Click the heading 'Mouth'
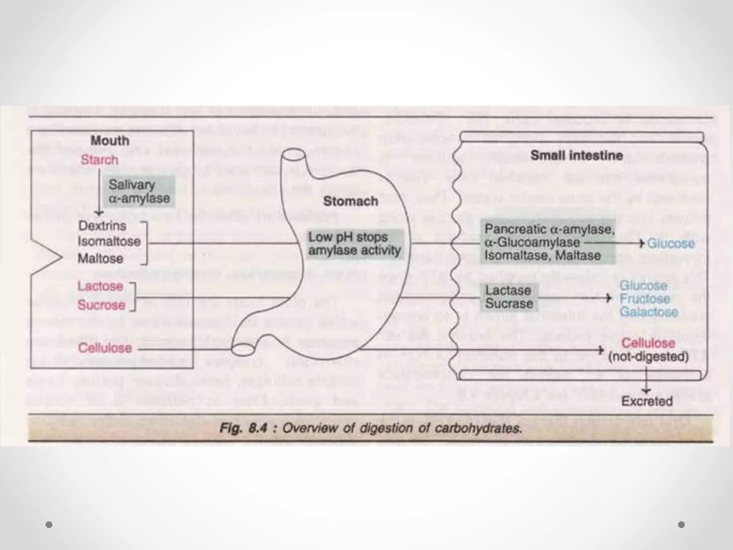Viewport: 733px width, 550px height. click(110, 141)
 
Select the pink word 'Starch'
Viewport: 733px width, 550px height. click(99, 160)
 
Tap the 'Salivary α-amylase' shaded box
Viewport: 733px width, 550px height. click(139, 192)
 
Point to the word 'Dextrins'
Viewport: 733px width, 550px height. click(102, 226)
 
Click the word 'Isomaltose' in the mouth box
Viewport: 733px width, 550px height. click(109, 241)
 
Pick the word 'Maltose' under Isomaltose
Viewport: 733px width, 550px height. click(100, 259)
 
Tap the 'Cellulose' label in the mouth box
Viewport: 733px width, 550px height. click(105, 348)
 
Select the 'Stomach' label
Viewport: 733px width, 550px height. click(350, 201)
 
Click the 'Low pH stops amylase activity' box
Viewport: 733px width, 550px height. click(354, 244)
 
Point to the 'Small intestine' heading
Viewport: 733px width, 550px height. click(576, 155)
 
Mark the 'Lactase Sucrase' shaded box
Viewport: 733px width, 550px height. click(509, 297)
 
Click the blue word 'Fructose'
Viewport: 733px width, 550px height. click(645, 299)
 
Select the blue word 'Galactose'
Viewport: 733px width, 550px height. click(649, 312)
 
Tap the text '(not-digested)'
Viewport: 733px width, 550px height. click(649, 357)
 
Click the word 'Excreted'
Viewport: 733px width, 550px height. click(647, 401)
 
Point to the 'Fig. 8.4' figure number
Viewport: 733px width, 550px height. click(243, 428)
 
